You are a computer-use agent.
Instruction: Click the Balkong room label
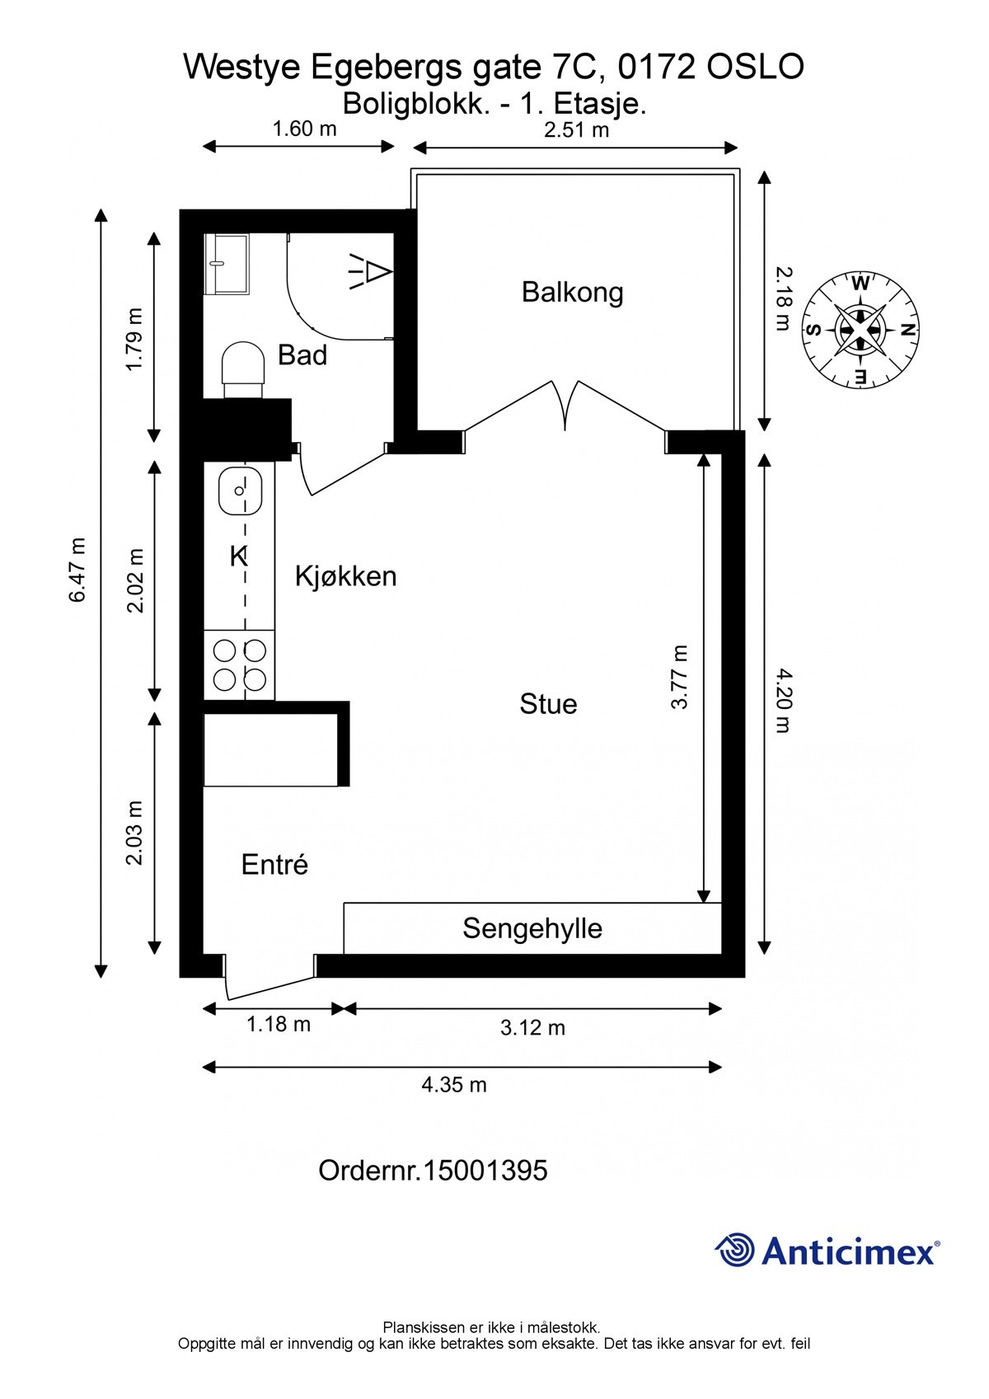572,293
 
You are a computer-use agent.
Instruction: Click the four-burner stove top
239,665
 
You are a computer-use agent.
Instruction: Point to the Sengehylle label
532,928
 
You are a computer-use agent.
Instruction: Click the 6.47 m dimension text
77,570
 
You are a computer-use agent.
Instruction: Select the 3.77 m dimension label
678,677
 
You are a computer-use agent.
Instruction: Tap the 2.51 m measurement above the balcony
576,129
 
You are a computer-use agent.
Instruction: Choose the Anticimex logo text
849,1251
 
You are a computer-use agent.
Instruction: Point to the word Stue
548,704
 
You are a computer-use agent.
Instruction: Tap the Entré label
274,865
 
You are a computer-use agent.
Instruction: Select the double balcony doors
566,404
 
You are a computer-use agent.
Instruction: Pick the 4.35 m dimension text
454,1085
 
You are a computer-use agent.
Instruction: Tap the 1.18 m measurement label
279,1025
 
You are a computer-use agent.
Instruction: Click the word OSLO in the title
755,67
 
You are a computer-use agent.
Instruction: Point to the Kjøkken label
345,576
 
